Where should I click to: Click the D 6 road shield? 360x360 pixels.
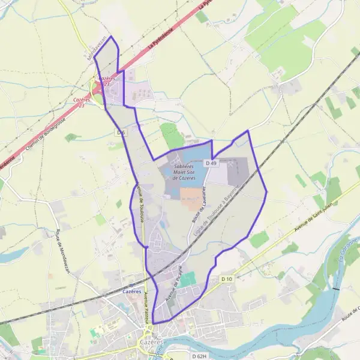pos(121,132)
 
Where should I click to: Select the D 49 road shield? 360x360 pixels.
pos(211,163)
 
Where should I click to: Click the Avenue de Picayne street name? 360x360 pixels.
pos(173,282)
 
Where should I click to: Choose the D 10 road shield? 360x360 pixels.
pos(226,279)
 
